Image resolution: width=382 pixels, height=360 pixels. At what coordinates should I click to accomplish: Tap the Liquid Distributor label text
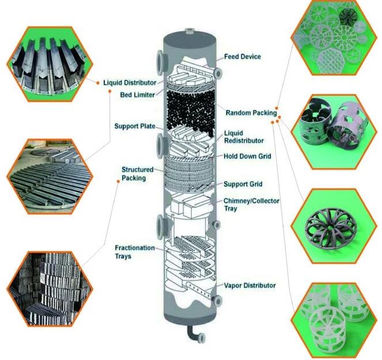(x=130, y=82)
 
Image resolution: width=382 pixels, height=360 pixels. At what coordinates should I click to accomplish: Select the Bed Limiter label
(x=137, y=95)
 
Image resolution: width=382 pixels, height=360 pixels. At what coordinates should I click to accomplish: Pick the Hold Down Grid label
(x=247, y=156)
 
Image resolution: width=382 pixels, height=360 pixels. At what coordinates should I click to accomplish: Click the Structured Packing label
(x=137, y=174)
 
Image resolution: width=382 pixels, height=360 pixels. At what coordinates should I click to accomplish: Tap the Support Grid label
(x=243, y=184)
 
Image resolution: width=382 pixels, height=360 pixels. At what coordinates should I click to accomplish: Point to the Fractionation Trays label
(x=135, y=252)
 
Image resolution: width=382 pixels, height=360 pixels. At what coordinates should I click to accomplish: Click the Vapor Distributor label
(x=249, y=285)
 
